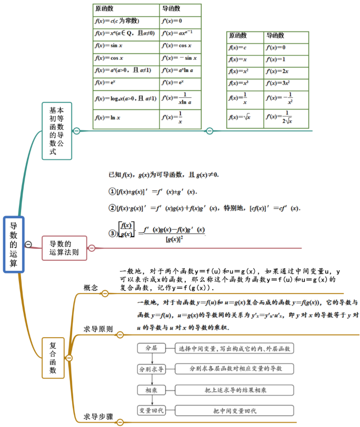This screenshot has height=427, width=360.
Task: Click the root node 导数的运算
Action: coord(14,244)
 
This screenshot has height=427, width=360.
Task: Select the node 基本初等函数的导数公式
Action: coord(57,131)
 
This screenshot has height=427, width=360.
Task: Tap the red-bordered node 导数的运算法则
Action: coord(64,248)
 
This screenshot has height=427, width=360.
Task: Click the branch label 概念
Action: coord(91,288)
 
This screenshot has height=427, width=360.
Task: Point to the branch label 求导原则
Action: coord(98,329)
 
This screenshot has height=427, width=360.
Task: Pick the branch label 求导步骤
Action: coord(98,417)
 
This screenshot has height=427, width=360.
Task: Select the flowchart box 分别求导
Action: coord(152,369)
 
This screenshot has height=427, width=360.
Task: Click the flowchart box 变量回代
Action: coord(152,410)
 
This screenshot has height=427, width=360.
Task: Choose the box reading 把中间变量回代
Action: coord(234,410)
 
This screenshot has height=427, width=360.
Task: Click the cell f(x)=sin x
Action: coord(126,45)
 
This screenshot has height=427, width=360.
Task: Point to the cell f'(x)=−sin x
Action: coord(180,58)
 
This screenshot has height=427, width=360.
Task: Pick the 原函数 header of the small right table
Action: coord(245,36)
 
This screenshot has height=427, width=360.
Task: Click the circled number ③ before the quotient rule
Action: coord(112,233)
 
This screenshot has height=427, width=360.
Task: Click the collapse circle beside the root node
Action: coord(28,244)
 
